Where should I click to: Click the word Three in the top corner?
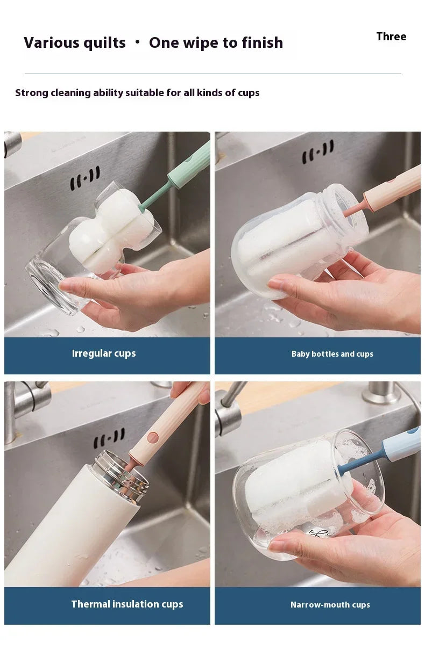(391, 37)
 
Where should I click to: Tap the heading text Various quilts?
(75, 43)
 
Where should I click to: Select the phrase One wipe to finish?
(216, 43)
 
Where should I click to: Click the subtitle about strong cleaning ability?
(137, 93)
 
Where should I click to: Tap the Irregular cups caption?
(104, 353)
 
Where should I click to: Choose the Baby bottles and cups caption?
(332, 354)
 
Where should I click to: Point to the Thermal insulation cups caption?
(127, 604)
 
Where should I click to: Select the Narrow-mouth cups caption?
(330, 605)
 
